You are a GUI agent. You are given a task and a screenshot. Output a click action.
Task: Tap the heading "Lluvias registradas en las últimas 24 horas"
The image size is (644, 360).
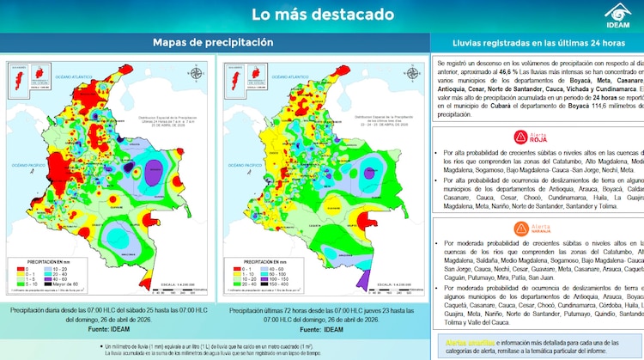click(x=538, y=42)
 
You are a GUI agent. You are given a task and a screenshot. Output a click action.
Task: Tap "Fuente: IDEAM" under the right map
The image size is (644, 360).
click(x=321, y=329)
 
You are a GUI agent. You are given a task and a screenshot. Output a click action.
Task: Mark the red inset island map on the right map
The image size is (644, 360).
click(x=230, y=82)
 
